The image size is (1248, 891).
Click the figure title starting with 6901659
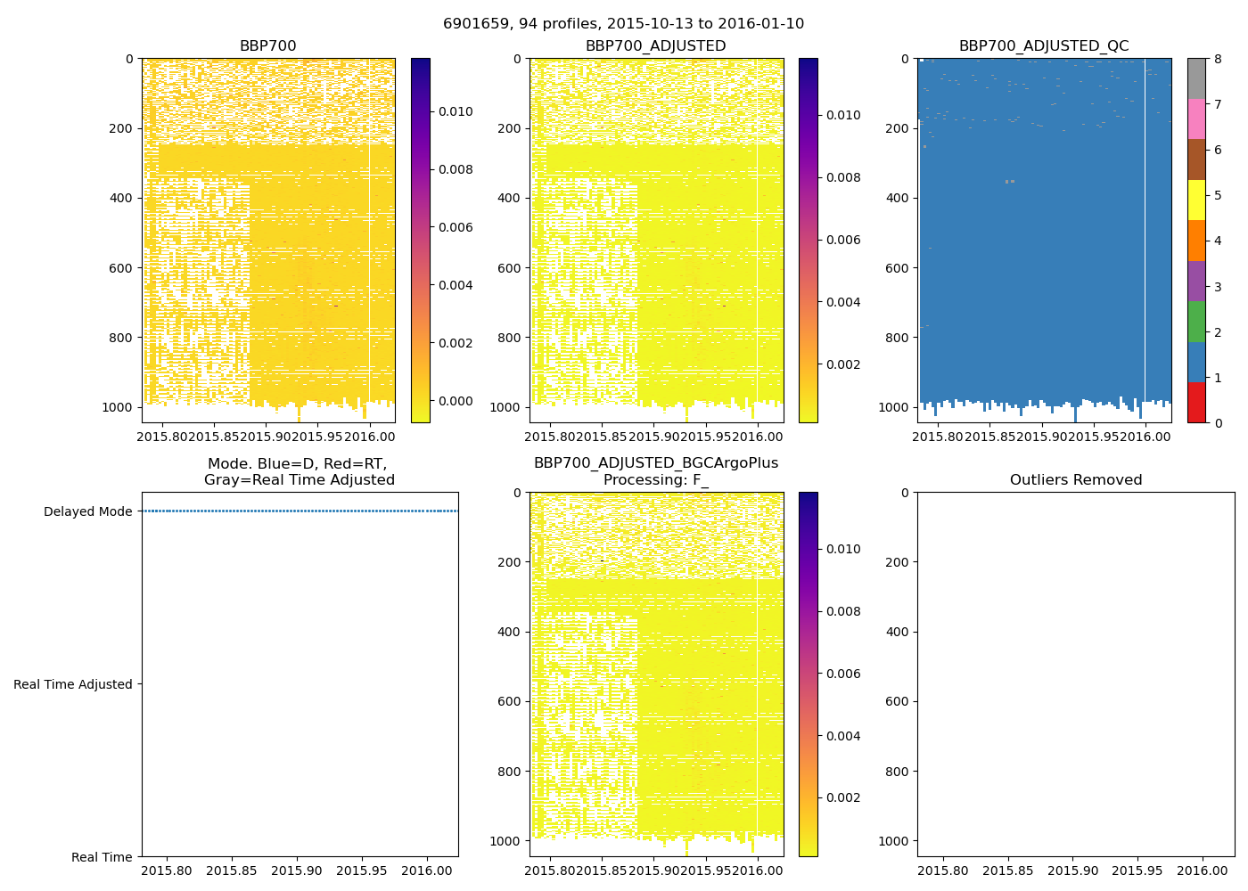click(623, 24)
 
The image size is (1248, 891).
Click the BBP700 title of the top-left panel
click(267, 46)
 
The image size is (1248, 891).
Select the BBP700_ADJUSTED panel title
click(655, 46)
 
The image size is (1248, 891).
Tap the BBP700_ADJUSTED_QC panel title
click(1044, 46)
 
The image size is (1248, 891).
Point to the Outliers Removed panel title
click(1075, 480)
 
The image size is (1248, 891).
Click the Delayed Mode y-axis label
click(87, 511)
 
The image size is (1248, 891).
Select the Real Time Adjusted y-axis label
click(73, 684)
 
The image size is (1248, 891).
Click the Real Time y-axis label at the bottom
click(102, 857)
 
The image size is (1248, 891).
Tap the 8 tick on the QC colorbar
click(1218, 59)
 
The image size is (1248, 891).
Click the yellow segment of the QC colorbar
click(1196, 200)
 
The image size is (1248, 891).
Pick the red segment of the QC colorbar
click(1196, 402)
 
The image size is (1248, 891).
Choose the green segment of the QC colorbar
click(1196, 321)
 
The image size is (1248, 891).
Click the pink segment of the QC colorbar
click(1196, 119)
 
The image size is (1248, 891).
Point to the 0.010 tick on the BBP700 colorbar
click(455, 111)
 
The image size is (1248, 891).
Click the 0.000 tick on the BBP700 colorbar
click(455, 401)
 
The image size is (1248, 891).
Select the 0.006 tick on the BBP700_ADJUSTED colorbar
click(842, 240)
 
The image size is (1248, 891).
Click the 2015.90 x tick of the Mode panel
click(297, 870)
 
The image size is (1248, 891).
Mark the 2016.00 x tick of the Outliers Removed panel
click(1203, 870)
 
